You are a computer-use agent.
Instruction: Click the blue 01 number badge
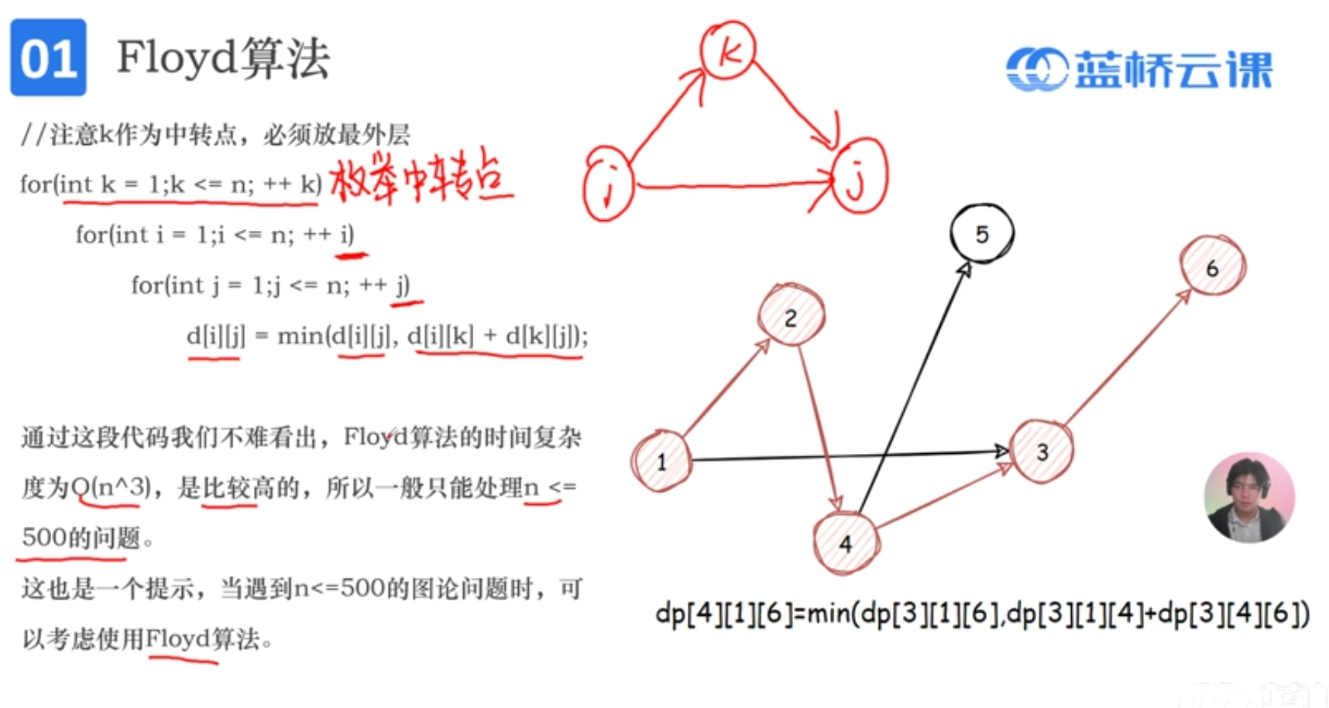[48, 58]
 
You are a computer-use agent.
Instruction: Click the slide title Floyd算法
[223, 58]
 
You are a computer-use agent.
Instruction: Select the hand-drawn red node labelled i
[609, 186]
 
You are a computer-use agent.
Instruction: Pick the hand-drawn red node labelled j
[858, 176]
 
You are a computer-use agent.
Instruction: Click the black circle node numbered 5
[981, 234]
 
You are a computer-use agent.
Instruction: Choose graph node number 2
[791, 316]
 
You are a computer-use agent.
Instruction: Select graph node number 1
[661, 461]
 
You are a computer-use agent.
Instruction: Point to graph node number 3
[1042, 452]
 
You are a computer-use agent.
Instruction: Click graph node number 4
[846, 543]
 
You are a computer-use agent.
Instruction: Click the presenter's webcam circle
[1248, 497]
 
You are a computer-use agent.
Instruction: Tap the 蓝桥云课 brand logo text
[1173, 70]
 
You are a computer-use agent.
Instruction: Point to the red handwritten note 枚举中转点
[420, 178]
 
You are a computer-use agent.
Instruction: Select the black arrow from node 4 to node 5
[914, 387]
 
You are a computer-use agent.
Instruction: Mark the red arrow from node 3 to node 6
[1127, 359]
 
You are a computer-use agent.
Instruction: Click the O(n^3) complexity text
[110, 487]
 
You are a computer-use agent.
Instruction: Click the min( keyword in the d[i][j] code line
[302, 336]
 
